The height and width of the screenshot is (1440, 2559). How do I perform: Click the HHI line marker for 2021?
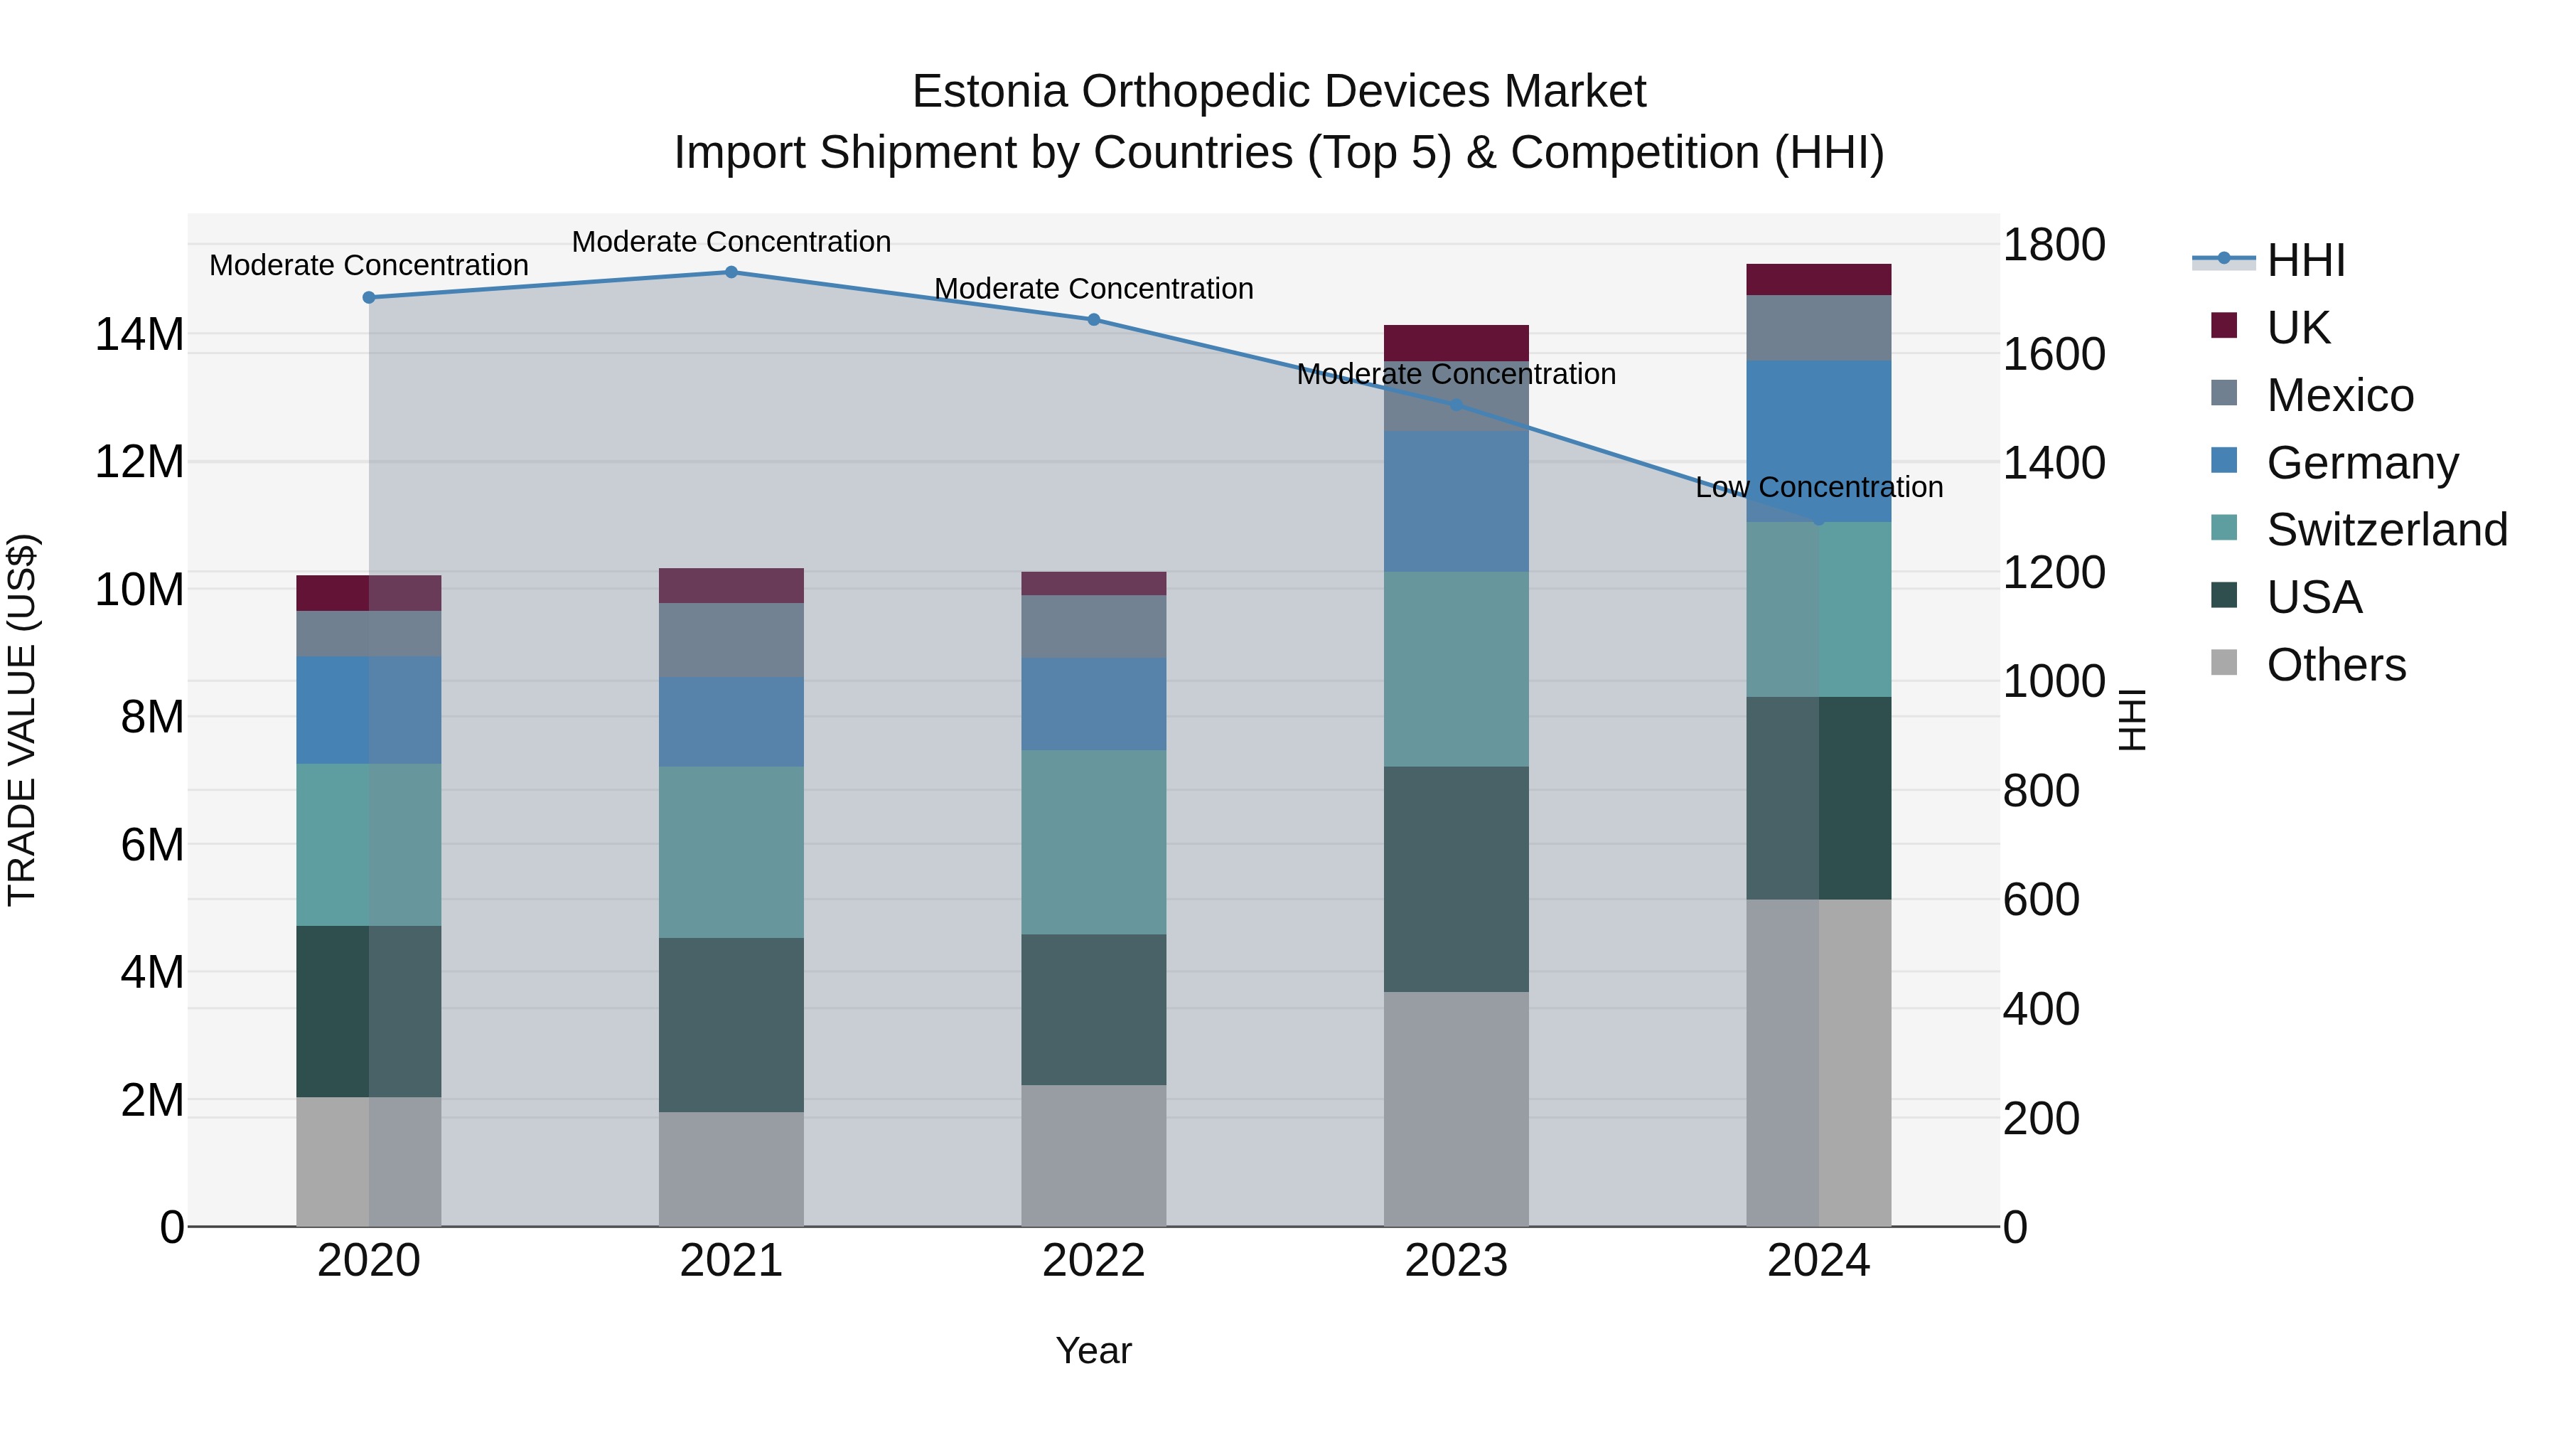[731, 272]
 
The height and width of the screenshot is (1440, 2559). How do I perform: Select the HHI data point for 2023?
[1456, 405]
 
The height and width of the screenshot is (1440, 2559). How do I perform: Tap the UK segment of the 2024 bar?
[1819, 279]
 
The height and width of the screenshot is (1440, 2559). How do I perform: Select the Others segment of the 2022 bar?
[1094, 1155]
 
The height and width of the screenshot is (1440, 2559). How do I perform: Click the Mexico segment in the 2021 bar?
[731, 640]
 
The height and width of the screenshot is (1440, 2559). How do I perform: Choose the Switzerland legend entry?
[2386, 530]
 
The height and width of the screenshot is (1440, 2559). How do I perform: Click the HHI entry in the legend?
[2305, 260]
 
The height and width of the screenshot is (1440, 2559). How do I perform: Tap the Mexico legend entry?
[2339, 395]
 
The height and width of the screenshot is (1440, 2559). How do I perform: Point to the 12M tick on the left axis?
[139, 462]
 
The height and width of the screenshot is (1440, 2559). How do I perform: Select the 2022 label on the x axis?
[1094, 1261]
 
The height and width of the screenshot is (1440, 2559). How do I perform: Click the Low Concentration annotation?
[1819, 487]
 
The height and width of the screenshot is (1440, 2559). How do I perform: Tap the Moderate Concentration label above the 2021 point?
[731, 242]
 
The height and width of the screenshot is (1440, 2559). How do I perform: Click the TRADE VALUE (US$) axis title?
[22, 720]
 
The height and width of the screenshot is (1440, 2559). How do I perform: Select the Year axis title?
[1094, 1350]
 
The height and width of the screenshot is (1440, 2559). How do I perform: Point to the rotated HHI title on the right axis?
[2132, 720]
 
